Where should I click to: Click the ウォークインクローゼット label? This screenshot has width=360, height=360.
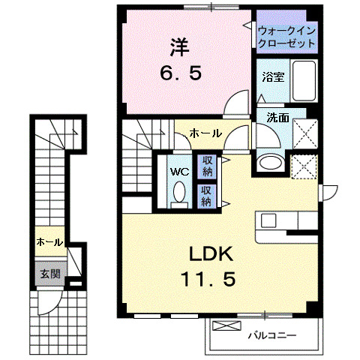point(286,37)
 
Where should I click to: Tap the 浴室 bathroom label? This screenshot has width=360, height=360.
point(272,77)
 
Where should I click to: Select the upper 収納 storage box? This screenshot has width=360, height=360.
point(206,166)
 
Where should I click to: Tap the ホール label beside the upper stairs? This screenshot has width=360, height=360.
point(205,133)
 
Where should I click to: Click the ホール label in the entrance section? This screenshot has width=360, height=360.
point(49,241)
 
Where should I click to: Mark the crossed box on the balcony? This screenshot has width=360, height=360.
point(225,327)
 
